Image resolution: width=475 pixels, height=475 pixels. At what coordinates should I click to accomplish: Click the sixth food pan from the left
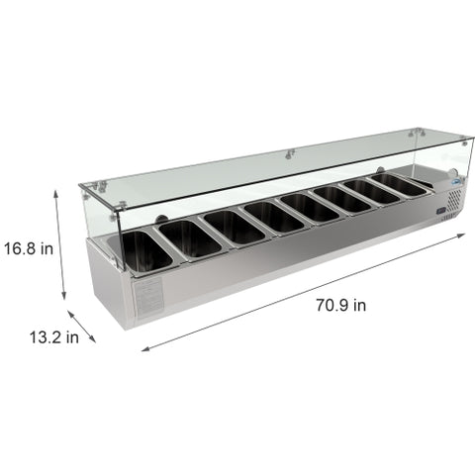[342, 198]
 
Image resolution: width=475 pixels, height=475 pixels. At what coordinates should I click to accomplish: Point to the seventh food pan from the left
[374, 190]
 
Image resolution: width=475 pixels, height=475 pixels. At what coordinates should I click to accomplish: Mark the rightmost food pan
[402, 183]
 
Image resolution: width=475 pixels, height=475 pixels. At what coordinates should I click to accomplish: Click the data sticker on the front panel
[148, 297]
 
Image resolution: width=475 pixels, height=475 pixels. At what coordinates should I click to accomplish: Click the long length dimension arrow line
[297, 298]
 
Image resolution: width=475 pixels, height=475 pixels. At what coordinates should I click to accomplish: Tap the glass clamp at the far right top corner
[420, 132]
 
